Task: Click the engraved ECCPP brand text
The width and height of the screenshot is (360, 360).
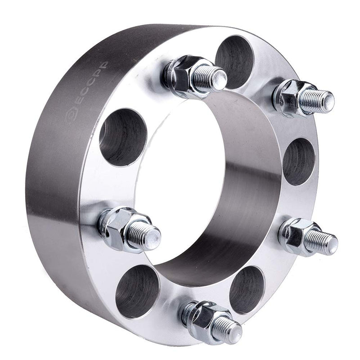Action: tap(92, 83)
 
